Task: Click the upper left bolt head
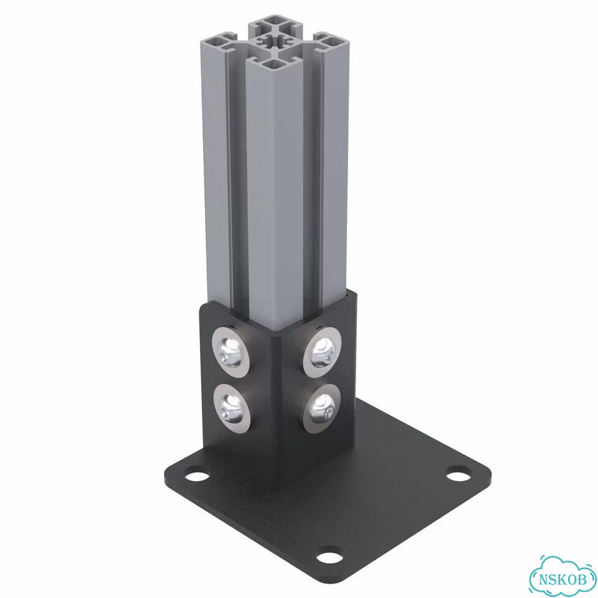tap(230, 353)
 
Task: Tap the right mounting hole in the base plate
tap(460, 474)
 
